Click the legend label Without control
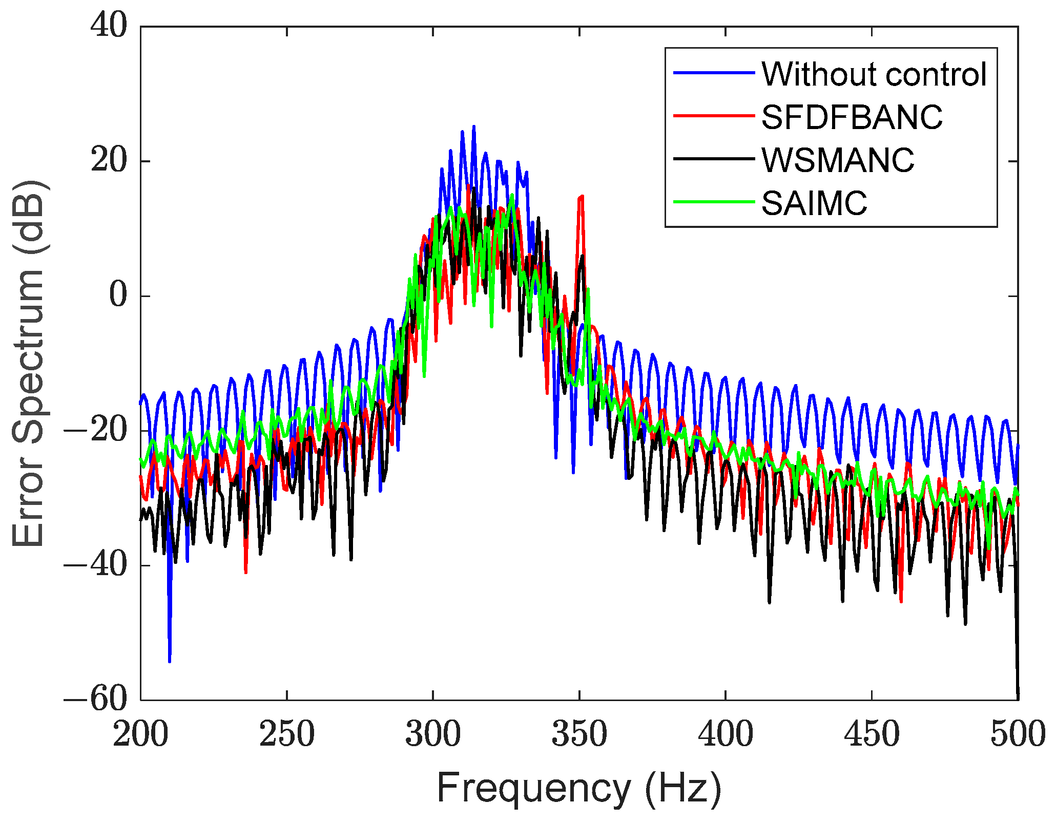click(x=874, y=74)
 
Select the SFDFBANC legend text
click(x=852, y=117)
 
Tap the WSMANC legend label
click(x=838, y=160)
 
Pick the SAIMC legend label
click(x=814, y=203)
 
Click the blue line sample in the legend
click(x=714, y=73)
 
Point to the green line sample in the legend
click(x=714, y=202)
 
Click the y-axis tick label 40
click(x=109, y=26)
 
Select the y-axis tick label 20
click(x=109, y=161)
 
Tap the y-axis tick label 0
click(x=118, y=296)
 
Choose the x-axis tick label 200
click(x=140, y=734)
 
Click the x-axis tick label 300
click(x=433, y=734)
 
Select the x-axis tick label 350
click(x=579, y=734)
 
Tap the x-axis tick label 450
click(x=872, y=734)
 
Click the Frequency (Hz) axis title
click(x=579, y=789)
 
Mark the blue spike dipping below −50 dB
click(x=170, y=658)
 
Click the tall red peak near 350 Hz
click(x=582, y=198)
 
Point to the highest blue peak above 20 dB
click(x=474, y=128)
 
